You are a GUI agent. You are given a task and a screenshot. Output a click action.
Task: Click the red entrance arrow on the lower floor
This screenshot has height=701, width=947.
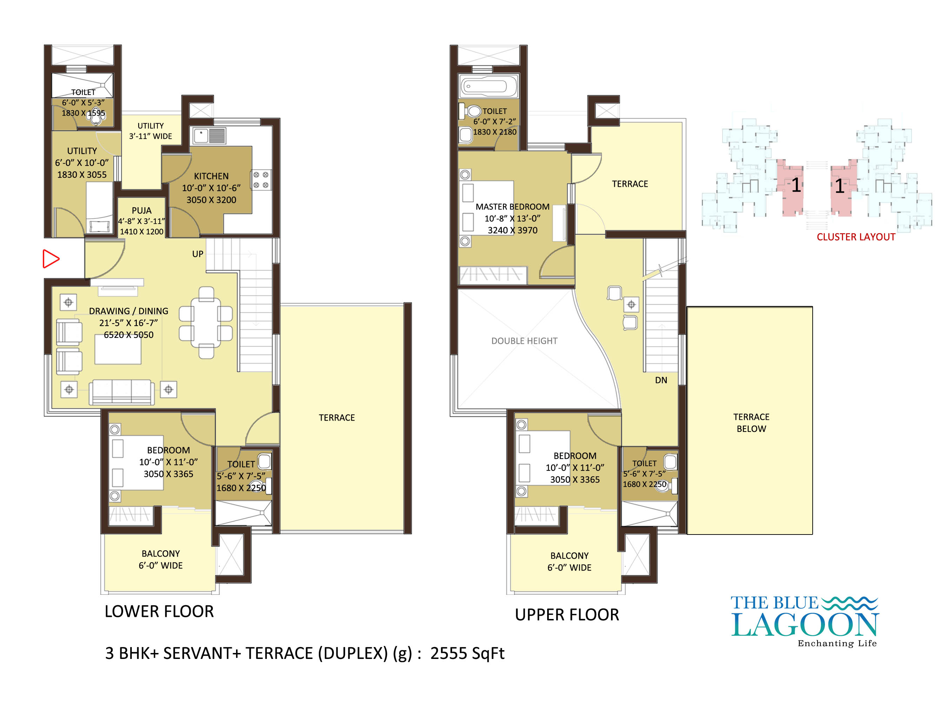click(51, 259)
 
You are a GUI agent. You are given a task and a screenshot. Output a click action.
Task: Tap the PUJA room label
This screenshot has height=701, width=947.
click(141, 210)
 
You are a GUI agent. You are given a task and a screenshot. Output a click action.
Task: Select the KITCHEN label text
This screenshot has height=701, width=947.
click(211, 176)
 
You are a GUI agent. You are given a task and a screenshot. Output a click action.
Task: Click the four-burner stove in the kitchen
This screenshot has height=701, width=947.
click(261, 180)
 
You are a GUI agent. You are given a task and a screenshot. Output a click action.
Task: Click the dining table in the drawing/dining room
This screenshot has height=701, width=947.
click(206, 322)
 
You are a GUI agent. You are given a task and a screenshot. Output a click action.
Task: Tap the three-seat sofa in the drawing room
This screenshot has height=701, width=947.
click(121, 392)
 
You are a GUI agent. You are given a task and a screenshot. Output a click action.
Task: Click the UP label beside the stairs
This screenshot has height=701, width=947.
click(197, 254)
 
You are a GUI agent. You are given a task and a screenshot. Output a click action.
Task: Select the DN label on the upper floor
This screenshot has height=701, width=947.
click(661, 380)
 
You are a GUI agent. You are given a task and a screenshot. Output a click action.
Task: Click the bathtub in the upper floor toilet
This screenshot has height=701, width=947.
click(488, 86)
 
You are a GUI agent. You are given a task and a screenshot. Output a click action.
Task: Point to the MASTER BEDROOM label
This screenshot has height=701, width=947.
click(512, 207)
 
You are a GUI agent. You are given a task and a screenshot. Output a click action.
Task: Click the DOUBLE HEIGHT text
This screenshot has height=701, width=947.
click(524, 341)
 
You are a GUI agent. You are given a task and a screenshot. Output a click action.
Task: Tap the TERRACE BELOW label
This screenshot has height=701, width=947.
click(751, 423)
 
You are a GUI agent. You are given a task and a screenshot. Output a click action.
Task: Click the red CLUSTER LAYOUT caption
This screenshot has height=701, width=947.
click(856, 237)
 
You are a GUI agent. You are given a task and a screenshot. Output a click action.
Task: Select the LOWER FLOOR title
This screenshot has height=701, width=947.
click(159, 612)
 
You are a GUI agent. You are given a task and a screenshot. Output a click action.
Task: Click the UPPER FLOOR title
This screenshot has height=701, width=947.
click(567, 614)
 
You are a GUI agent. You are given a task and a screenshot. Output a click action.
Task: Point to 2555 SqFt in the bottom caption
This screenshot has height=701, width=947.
click(467, 653)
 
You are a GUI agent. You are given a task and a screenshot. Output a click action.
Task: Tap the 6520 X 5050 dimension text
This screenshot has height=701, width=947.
click(129, 335)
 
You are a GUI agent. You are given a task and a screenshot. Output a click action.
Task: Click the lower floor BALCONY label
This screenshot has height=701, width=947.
click(161, 554)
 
